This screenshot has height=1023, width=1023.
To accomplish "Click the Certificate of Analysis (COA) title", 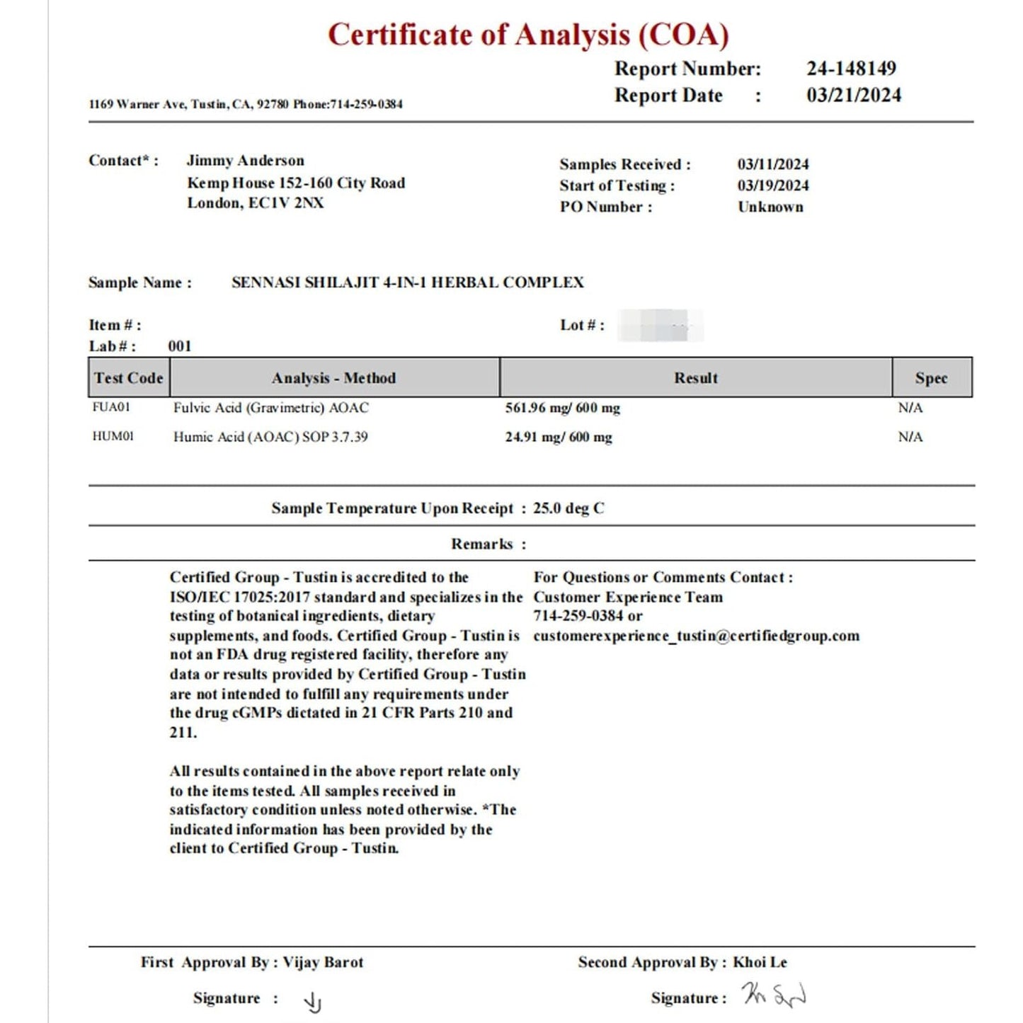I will click(x=528, y=35).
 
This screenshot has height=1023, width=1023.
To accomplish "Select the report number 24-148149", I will click(x=851, y=69).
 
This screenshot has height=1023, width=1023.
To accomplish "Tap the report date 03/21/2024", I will click(x=854, y=96).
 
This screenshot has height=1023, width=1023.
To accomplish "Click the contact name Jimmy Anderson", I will click(x=245, y=161).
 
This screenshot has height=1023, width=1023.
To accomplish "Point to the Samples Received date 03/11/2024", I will click(x=773, y=164).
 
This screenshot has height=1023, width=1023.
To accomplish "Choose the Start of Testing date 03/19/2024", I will click(x=773, y=185).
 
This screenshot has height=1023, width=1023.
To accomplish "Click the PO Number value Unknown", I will click(x=770, y=207).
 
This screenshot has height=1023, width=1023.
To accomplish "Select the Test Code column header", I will click(x=129, y=378).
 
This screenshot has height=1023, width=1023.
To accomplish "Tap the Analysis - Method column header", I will click(x=333, y=378).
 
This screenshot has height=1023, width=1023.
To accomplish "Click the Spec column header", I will click(x=931, y=378).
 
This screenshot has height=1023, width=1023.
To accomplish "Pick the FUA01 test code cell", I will click(x=111, y=407).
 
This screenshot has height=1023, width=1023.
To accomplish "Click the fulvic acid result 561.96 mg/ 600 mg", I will click(x=562, y=408).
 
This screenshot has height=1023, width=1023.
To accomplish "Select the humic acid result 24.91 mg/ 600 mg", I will click(x=559, y=437).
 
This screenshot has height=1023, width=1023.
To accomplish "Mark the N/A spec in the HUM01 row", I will click(x=910, y=437).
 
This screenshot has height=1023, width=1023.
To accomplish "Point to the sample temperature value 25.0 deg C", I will click(x=568, y=508).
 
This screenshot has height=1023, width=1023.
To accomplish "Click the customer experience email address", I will click(x=696, y=636).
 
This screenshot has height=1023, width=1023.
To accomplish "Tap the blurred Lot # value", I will click(x=660, y=326).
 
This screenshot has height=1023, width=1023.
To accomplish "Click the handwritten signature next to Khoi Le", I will click(x=774, y=995).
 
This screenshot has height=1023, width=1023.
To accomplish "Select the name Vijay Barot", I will click(x=323, y=962).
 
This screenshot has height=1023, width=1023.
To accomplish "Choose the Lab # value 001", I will click(x=180, y=346).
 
